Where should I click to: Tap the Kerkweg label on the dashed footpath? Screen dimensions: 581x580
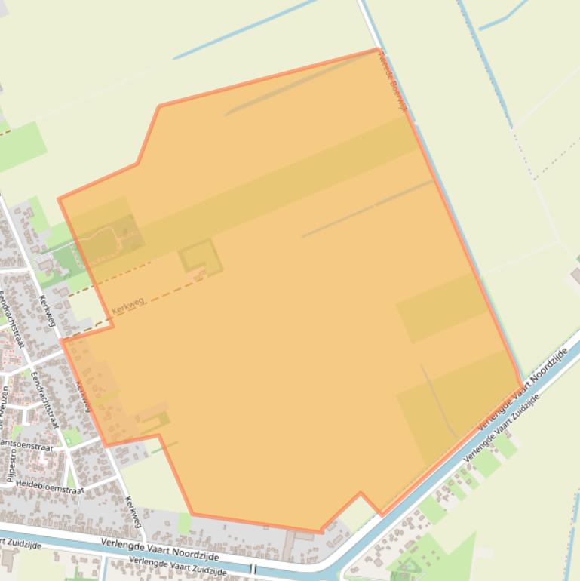click(128, 305)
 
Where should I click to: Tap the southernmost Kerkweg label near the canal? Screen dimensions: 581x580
click(133, 511)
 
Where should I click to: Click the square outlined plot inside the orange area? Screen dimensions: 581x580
click(201, 257)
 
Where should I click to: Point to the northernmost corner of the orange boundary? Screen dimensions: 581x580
click(379, 50)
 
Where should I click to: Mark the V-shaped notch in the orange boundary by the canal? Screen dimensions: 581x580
click(361, 493)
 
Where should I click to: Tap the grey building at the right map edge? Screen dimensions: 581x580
click(575, 275)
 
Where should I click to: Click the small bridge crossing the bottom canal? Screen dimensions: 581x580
click(253, 569)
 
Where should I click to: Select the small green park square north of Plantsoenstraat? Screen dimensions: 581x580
click(72, 436)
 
